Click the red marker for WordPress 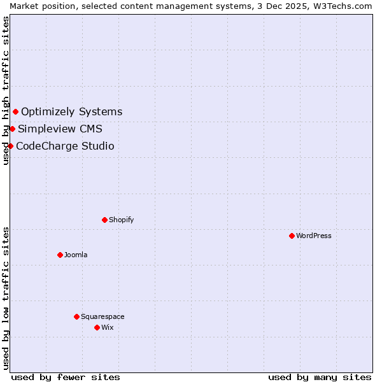click(292, 236)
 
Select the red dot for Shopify click(104, 220)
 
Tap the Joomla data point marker click(60, 255)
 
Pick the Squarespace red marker click(76, 316)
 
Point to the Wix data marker click(97, 327)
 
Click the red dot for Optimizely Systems click(15, 112)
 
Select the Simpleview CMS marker click(12, 129)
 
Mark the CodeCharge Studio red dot click(10, 146)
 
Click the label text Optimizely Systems click(71, 112)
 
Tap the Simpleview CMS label click(60, 129)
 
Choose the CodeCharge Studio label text click(65, 146)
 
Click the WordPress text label click(314, 236)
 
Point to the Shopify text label click(121, 220)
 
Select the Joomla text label click(76, 255)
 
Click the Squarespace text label click(103, 316)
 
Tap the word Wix click(107, 327)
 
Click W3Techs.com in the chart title click(346, 5)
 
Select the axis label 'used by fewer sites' click(66, 377)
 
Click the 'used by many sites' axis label click(320, 377)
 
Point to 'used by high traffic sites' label click(6, 90)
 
